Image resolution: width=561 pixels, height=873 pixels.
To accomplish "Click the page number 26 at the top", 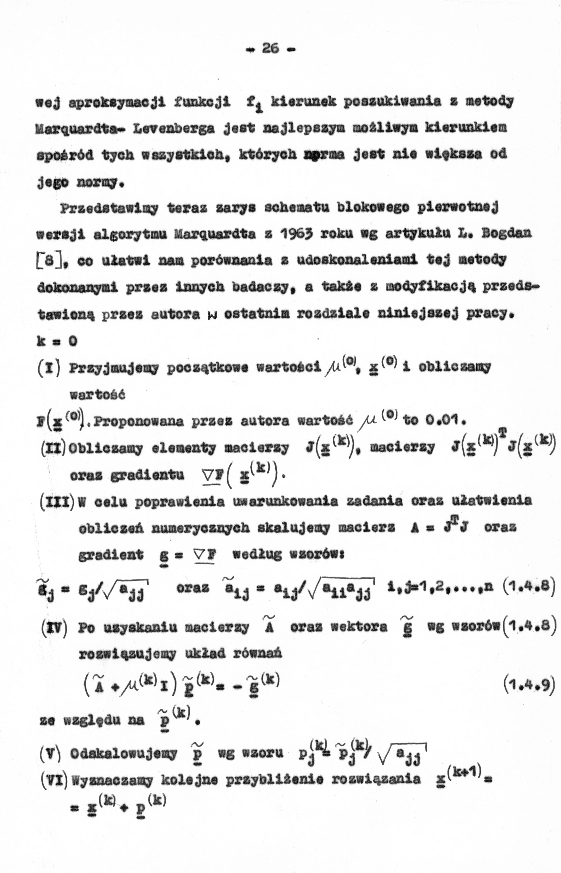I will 270,48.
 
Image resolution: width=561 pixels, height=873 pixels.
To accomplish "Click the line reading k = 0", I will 57,341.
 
